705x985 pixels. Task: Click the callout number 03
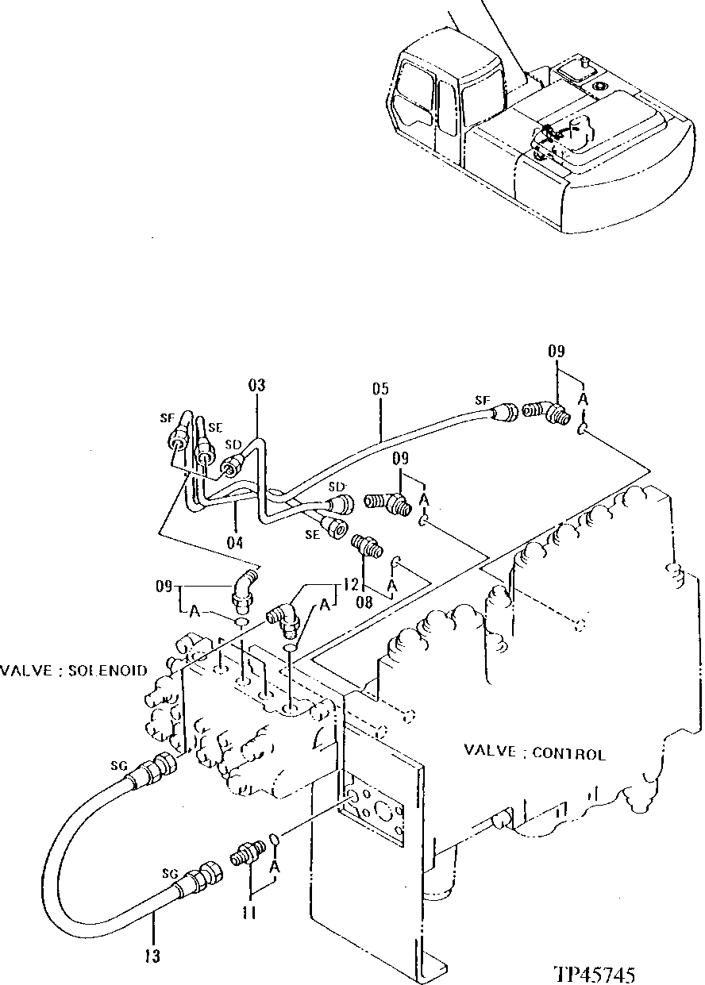256,387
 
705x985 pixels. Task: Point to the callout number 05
380,390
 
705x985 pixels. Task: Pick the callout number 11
249,914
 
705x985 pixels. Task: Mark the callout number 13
152,957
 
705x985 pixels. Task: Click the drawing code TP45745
595,973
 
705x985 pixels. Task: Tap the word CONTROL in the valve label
569,754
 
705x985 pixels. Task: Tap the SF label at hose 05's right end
482,401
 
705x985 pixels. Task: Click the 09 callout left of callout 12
164,588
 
